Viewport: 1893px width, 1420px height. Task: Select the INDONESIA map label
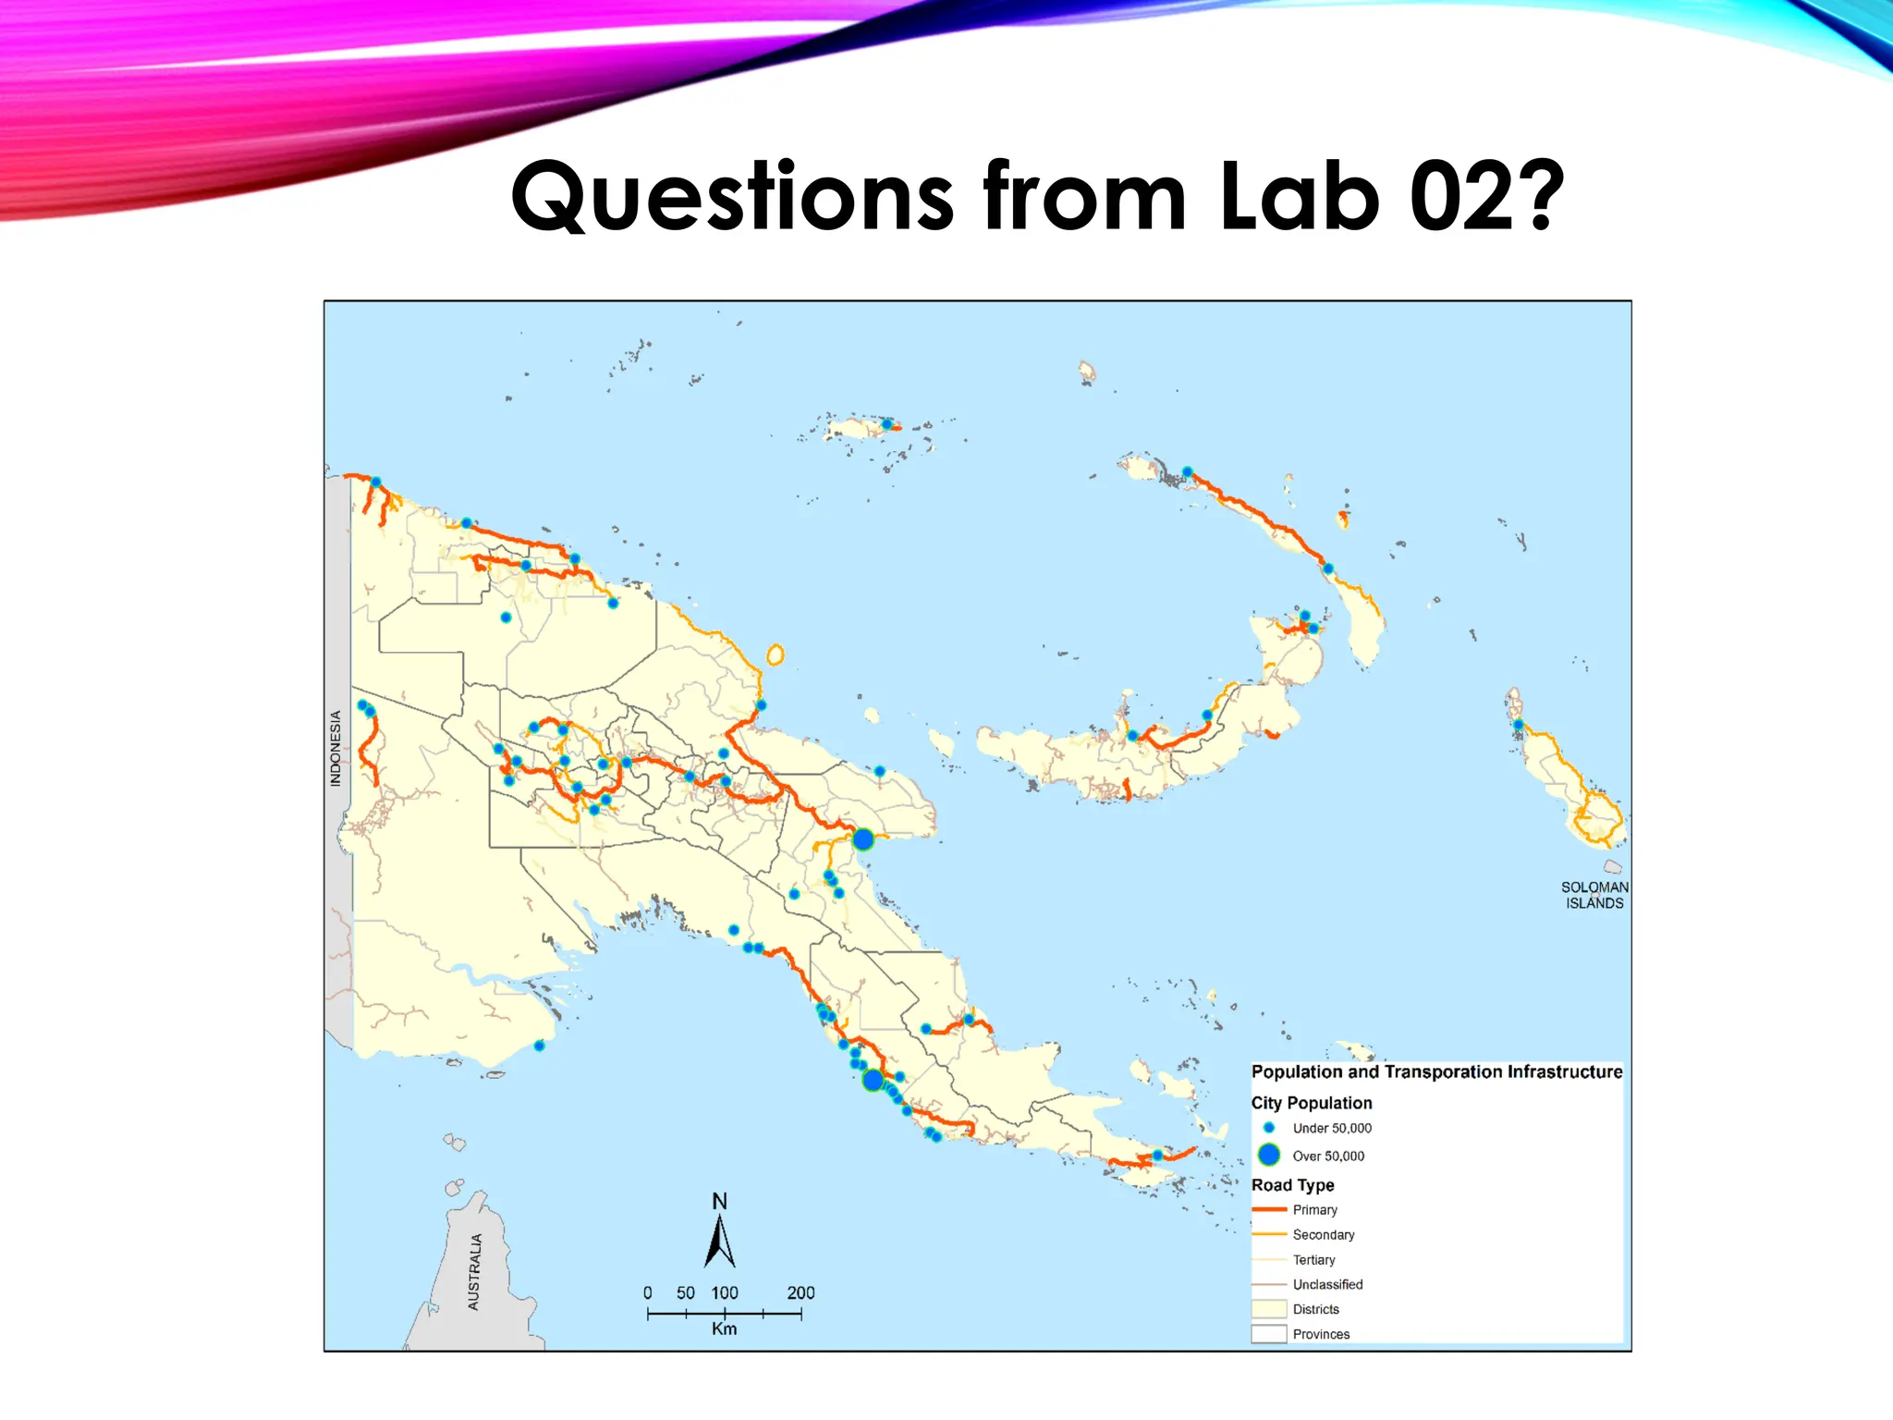336,749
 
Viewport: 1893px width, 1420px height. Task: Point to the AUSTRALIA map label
474,1272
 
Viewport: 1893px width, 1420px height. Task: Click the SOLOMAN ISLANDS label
1594,895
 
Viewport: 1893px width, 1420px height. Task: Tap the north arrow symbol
720,1242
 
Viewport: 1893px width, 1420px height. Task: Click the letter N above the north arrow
720,1201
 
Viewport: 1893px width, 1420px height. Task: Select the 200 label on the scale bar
800,1292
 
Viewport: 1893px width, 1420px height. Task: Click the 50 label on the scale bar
685,1292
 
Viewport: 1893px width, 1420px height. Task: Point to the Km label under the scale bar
724,1328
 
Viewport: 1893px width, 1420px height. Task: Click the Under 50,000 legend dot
1269,1128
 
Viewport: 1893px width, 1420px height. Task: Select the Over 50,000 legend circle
1269,1155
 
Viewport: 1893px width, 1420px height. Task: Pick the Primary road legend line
1269,1209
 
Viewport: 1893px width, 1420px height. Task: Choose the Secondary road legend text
1324,1235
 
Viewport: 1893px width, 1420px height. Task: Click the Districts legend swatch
1269,1309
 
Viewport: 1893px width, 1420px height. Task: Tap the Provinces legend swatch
1269,1334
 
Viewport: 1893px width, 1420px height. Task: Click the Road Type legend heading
1293,1185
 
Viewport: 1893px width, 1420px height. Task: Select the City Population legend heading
1312,1103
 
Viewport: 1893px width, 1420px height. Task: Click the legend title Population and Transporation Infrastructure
1436,1071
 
